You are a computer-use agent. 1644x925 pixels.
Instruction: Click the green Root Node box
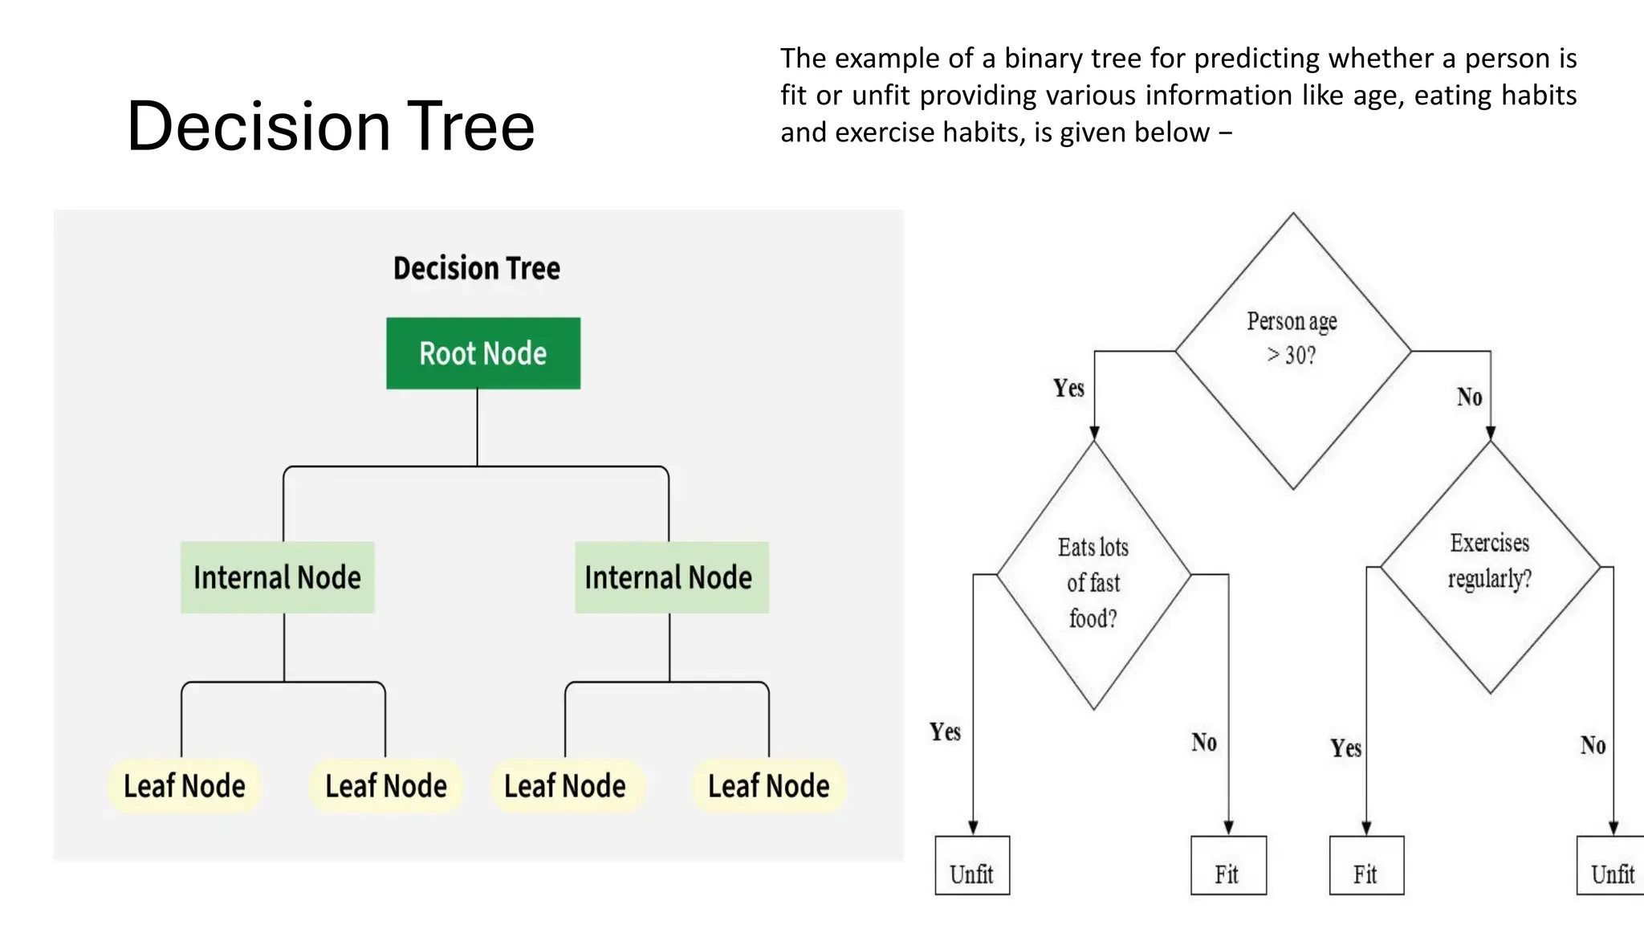pyautogui.click(x=483, y=353)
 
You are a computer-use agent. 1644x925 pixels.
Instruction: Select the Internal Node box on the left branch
pyautogui.click(x=278, y=577)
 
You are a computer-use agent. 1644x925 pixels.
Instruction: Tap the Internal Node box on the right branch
pyautogui.click(x=671, y=577)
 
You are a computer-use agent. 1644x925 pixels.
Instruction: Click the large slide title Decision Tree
pyautogui.click(x=331, y=126)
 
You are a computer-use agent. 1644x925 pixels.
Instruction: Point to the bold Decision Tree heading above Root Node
pyautogui.click(x=477, y=268)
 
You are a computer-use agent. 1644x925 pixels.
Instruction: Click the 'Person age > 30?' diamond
pyautogui.click(x=1292, y=351)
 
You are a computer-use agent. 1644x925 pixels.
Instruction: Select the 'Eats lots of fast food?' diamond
pyautogui.click(x=1093, y=575)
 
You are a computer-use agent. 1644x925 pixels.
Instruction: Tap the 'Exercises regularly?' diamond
pyautogui.click(x=1490, y=566)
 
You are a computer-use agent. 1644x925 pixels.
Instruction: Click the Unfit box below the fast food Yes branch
pyautogui.click(x=972, y=866)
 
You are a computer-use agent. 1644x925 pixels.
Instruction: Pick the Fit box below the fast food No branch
pyautogui.click(x=1228, y=866)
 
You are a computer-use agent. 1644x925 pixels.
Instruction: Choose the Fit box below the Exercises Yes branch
pyautogui.click(x=1366, y=866)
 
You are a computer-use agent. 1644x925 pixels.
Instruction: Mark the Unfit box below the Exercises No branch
pyautogui.click(x=1611, y=866)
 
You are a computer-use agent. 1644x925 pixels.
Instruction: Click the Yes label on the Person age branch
pyautogui.click(x=1068, y=389)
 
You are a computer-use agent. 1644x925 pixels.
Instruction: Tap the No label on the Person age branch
pyautogui.click(x=1469, y=397)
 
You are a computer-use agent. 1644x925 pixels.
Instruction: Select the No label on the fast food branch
pyautogui.click(x=1203, y=743)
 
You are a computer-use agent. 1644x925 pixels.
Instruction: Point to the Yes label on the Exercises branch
pyautogui.click(x=1345, y=748)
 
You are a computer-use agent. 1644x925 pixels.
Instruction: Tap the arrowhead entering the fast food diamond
pyautogui.click(x=1094, y=434)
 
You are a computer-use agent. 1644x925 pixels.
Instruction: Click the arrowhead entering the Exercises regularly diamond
pyautogui.click(x=1491, y=434)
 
